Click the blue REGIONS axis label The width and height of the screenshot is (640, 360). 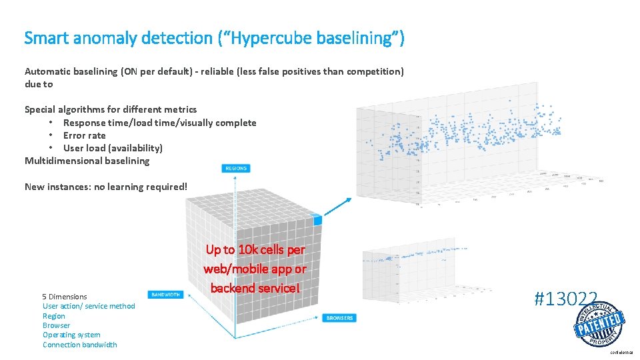tap(235, 169)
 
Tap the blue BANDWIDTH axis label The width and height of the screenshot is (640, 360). tap(165, 294)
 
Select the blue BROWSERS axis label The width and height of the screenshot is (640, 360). tap(339, 318)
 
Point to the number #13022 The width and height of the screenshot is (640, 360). tap(565, 299)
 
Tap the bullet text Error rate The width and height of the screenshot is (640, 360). tap(84, 135)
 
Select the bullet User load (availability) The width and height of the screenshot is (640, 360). tap(113, 148)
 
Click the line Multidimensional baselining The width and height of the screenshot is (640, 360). tap(87, 161)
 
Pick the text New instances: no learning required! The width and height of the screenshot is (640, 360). tap(106, 187)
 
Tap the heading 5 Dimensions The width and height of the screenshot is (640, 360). tap(65, 297)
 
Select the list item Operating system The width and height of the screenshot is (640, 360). tap(71, 335)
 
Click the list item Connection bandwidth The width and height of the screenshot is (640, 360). tap(79, 345)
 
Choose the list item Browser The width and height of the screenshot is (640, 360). tap(56, 325)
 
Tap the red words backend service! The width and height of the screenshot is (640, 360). tap(255, 288)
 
